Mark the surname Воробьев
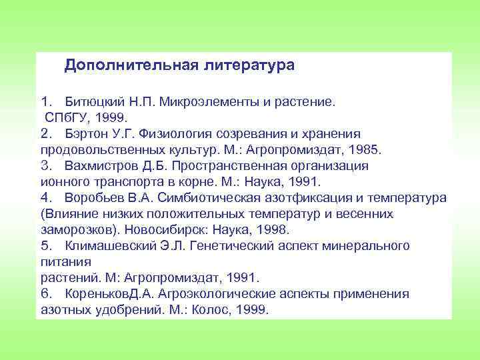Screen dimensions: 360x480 point(95,198)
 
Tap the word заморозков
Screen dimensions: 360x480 point(72,229)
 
